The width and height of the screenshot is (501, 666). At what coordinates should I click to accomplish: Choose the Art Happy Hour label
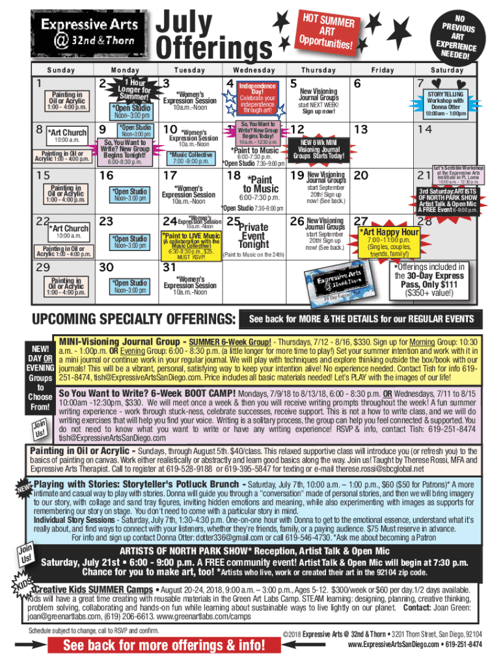click(x=390, y=233)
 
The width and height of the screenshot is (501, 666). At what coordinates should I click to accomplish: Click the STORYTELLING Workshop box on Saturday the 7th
click(x=446, y=103)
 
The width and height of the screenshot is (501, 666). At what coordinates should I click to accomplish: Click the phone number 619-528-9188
click(x=198, y=468)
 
